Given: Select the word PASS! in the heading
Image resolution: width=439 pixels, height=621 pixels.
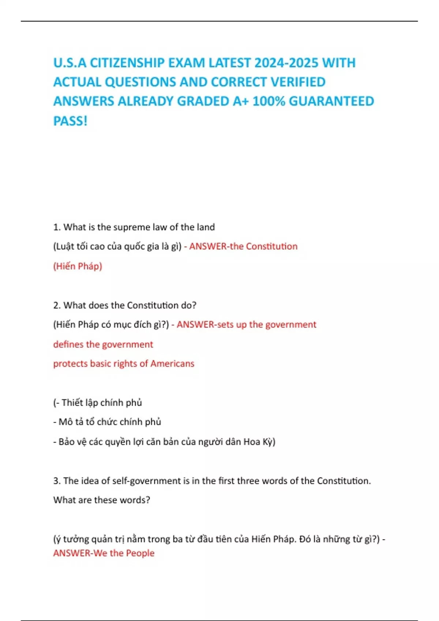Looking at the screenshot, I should tap(70, 121).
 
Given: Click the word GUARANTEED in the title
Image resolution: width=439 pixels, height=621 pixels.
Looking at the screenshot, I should tap(331, 101).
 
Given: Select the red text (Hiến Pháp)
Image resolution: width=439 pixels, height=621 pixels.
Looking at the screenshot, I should tap(78, 266).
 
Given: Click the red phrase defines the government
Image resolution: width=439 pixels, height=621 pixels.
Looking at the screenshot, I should tap(103, 344).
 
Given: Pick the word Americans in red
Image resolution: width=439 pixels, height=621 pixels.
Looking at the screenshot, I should tap(172, 363).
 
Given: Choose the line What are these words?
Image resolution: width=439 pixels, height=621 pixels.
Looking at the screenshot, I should tap(102, 500).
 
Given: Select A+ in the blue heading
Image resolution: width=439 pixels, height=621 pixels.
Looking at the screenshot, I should tap(241, 101).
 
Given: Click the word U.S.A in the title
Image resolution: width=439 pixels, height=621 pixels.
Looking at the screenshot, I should tap(70, 63).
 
